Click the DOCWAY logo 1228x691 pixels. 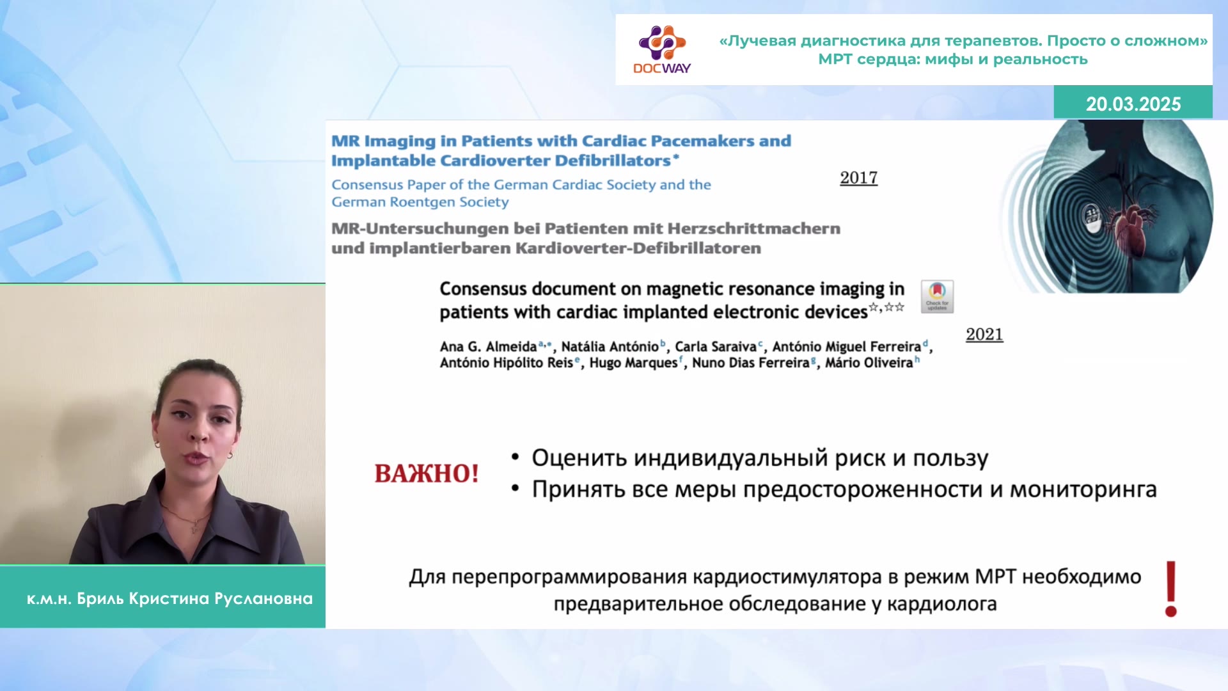(662, 50)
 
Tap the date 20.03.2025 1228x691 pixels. (1133, 104)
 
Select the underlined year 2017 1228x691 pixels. (858, 177)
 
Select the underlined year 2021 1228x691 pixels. (984, 334)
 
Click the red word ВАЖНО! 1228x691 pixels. (427, 473)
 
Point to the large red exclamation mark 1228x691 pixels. (1171, 589)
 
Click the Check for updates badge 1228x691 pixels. (937, 296)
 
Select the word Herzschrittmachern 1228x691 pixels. (754, 228)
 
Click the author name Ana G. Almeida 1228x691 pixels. (488, 346)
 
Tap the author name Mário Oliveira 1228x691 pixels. (869, 363)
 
